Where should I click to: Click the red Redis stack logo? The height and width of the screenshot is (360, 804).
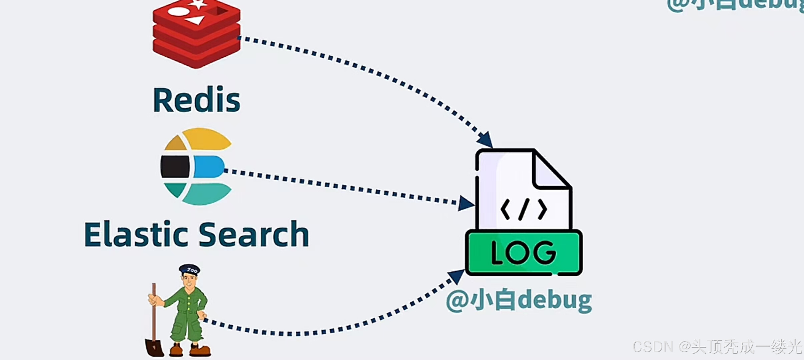pos(196,33)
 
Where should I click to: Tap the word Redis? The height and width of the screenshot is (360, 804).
pos(196,100)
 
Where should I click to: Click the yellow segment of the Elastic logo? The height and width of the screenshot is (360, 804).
pos(207,139)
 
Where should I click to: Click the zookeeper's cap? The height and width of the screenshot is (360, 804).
pos(189,269)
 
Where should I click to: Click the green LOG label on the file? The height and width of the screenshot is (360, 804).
pos(524,253)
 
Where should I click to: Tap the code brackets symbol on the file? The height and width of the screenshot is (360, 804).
pos(524,209)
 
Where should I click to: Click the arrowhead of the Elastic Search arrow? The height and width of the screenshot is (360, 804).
pos(466,203)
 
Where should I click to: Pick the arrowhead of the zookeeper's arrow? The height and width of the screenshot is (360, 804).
pos(456,276)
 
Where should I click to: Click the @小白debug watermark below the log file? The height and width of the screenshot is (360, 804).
pos(519,301)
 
